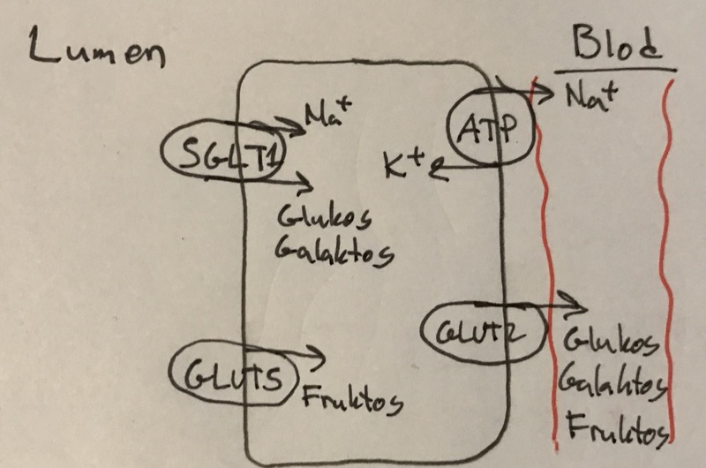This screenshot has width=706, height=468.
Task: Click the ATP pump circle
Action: tap(483, 129)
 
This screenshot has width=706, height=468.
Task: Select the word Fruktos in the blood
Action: tap(615, 432)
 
